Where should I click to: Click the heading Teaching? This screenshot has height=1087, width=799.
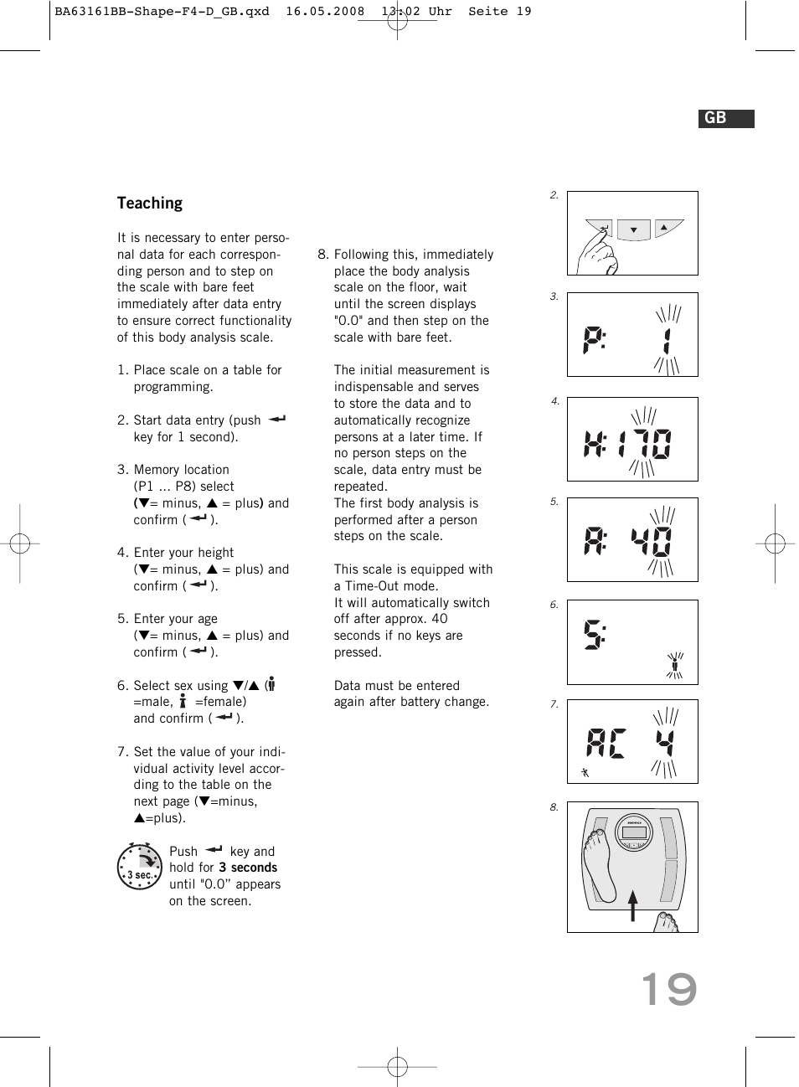tap(149, 203)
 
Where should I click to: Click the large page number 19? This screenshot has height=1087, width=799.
tap(668, 990)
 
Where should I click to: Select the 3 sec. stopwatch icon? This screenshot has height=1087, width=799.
tap(139, 867)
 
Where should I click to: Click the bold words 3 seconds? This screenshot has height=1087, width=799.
tap(248, 868)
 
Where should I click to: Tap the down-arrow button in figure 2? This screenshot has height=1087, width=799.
tap(634, 229)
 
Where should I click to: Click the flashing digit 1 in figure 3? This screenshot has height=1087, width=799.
tap(667, 341)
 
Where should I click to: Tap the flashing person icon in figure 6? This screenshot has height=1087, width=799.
tap(674, 665)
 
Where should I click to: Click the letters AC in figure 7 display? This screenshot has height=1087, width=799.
tap(606, 743)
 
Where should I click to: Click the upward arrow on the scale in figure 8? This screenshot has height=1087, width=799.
tap(633, 905)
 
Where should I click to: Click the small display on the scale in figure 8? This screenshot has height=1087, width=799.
tap(634, 832)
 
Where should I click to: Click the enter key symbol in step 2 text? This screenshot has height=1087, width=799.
tap(277, 419)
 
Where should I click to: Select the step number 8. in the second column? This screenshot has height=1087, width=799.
tap(322, 255)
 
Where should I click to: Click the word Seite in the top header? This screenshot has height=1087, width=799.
tap(487, 12)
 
